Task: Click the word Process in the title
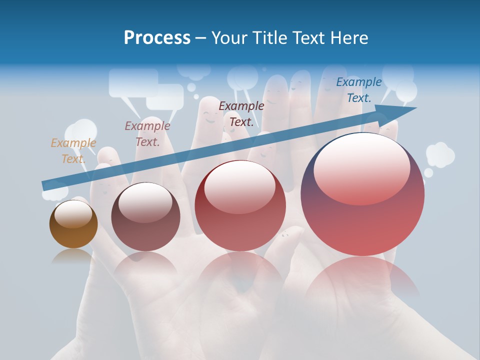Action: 157,38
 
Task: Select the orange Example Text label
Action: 73,151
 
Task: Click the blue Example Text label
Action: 358,90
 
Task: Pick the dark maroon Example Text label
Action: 241,113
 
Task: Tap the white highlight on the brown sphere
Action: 73,214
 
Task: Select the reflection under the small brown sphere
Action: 73,256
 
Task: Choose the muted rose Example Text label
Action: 147,134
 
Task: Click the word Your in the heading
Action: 228,38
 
